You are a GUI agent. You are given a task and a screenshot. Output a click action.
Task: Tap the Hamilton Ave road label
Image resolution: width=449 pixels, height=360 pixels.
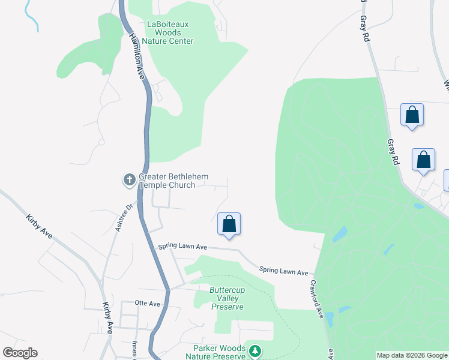[137, 57]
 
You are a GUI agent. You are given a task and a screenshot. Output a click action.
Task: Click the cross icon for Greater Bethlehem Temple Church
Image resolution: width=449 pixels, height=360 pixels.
[129, 179]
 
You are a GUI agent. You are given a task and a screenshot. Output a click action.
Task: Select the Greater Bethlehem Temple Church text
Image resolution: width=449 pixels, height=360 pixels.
[167, 181]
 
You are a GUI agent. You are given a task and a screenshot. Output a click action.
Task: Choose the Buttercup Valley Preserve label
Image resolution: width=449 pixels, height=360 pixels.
[227, 298]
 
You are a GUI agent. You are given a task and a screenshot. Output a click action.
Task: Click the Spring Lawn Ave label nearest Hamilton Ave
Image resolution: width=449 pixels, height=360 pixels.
[182, 247]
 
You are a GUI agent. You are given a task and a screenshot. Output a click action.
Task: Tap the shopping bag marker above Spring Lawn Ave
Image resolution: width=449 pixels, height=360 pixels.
[229, 224]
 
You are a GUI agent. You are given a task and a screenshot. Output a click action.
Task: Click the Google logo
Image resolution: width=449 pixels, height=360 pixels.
[20, 353]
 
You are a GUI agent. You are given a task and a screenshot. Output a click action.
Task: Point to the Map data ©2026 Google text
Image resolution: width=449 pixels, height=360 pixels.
[412, 355]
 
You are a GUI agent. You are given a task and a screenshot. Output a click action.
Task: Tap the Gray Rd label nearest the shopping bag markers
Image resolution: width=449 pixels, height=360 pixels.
[393, 152]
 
